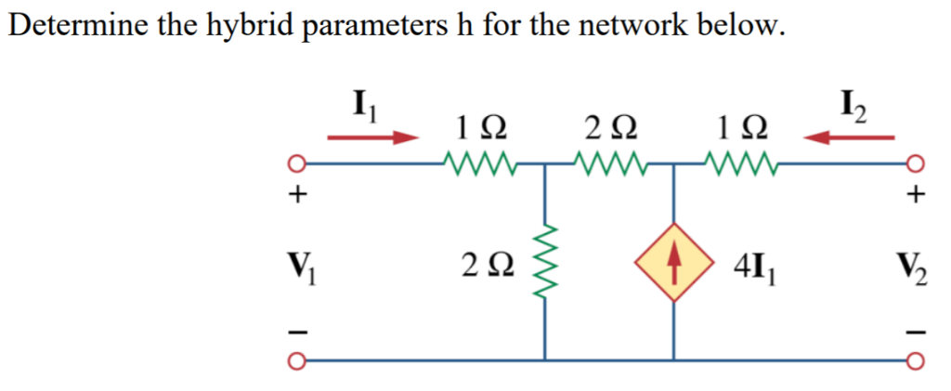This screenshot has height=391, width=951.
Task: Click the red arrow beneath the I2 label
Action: coord(849,138)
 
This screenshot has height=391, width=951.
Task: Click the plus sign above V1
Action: coord(297,195)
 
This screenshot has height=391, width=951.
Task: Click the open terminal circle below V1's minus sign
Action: coord(297,360)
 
